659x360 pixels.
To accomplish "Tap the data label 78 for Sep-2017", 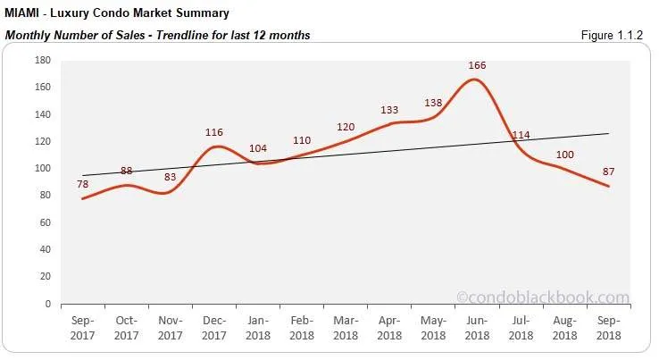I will [x=83, y=184].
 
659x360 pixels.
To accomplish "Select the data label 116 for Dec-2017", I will [x=214, y=132].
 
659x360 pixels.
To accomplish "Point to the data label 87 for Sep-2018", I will [x=608, y=172].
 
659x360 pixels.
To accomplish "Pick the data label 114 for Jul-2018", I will [x=521, y=136].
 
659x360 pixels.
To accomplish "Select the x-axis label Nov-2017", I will [x=171, y=327].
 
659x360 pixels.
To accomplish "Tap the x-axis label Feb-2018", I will [x=302, y=327].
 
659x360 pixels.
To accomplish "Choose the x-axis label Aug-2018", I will [x=563, y=327].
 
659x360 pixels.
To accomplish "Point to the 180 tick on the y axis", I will [x=42, y=60].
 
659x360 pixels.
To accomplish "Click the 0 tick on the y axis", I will [x=47, y=304].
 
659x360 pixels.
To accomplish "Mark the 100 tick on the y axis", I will [x=42, y=168].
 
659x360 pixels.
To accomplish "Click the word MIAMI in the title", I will [x=24, y=13].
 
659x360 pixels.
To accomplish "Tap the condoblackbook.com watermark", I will [x=542, y=297].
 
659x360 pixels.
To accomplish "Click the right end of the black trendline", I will [x=608, y=134].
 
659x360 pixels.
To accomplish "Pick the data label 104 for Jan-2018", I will [x=258, y=148].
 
